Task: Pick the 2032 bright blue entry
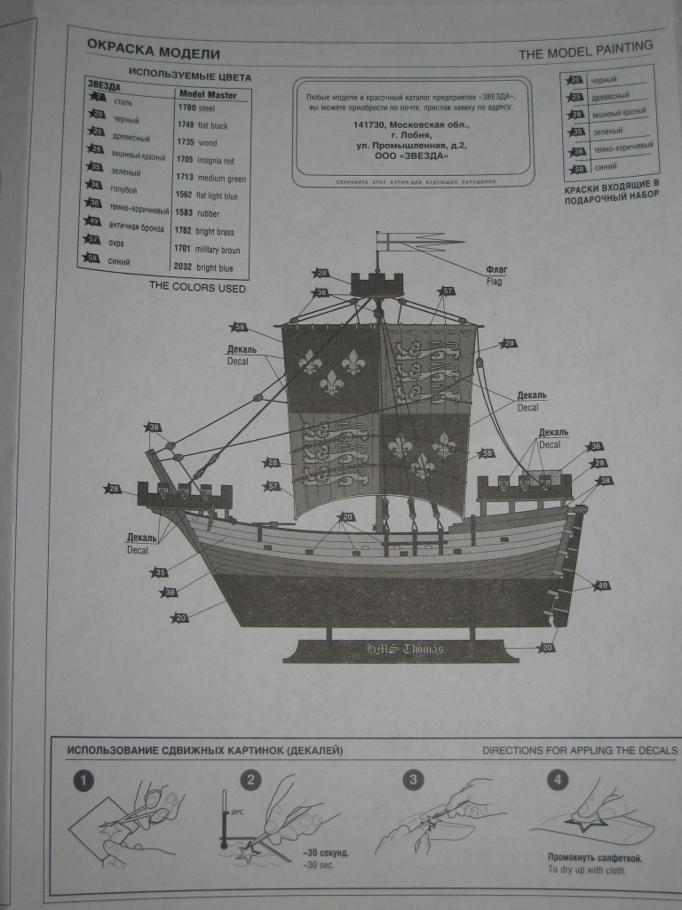tap(204, 267)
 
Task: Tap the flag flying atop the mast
tap(417, 240)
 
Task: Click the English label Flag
tap(494, 281)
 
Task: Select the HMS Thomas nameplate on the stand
tap(404, 649)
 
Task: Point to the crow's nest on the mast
tap(377, 284)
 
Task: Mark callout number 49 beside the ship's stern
tap(601, 586)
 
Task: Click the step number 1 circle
tap(83, 781)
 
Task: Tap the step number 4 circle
tap(557, 781)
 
